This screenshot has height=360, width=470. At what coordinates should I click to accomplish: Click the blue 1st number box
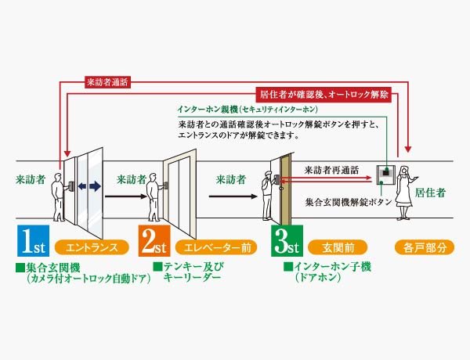click(33, 240)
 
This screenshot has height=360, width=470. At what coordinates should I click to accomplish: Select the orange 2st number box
click(154, 240)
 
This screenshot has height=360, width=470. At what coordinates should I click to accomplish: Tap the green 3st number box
click(287, 240)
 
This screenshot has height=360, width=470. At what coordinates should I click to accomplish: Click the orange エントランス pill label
click(92, 247)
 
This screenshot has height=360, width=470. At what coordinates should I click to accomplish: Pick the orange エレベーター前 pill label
click(216, 247)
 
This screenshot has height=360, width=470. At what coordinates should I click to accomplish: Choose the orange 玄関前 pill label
click(338, 247)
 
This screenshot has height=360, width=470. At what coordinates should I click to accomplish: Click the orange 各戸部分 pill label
click(425, 247)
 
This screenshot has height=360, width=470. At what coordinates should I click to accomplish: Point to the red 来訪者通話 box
click(107, 82)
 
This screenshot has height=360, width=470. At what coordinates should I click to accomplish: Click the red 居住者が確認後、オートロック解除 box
click(324, 95)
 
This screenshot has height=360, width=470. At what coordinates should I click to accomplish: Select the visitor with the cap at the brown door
click(269, 195)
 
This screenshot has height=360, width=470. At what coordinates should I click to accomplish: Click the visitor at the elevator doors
click(154, 197)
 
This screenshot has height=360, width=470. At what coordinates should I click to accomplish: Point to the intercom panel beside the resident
click(385, 175)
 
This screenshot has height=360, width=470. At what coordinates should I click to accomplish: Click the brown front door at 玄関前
click(285, 189)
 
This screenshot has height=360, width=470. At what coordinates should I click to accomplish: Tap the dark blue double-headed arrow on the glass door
click(89, 186)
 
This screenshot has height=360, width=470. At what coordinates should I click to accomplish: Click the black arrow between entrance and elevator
click(126, 196)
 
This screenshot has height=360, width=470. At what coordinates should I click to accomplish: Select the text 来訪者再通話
click(331, 170)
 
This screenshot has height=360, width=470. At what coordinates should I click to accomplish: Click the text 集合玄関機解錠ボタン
click(349, 202)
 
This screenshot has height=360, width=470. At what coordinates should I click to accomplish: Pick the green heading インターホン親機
click(208, 110)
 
